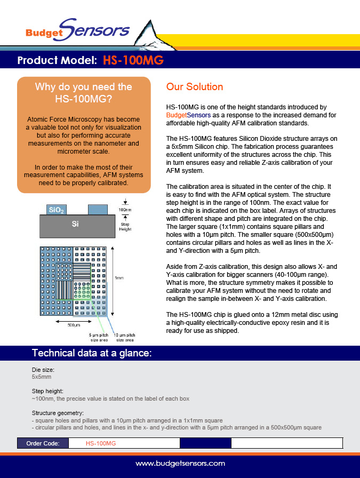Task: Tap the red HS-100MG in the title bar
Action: pyautogui.click(x=133, y=60)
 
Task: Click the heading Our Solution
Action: pyautogui.click(x=195, y=86)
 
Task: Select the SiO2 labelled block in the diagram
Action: pyautogui.click(x=57, y=210)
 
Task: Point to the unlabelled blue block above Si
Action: pyautogui.click(x=97, y=210)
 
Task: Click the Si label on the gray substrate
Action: pyautogui.click(x=75, y=225)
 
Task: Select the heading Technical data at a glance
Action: pyautogui.click(x=92, y=353)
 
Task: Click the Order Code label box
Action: pyautogui.click(x=43, y=443)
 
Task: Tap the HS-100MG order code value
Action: pyautogui.click(x=101, y=443)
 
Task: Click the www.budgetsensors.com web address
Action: pyautogui.click(x=180, y=464)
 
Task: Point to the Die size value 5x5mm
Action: pyautogui.click(x=41, y=376)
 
